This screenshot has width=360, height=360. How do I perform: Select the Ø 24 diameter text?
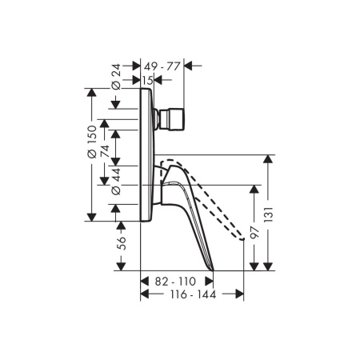tap(116, 74)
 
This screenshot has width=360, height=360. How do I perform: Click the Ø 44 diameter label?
tap(116, 181)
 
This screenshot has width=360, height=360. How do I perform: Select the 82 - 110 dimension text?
tap(175, 282)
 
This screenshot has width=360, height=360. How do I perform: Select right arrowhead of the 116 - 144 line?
tap(240, 295)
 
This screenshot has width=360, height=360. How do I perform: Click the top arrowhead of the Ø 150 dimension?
tap(93, 94)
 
